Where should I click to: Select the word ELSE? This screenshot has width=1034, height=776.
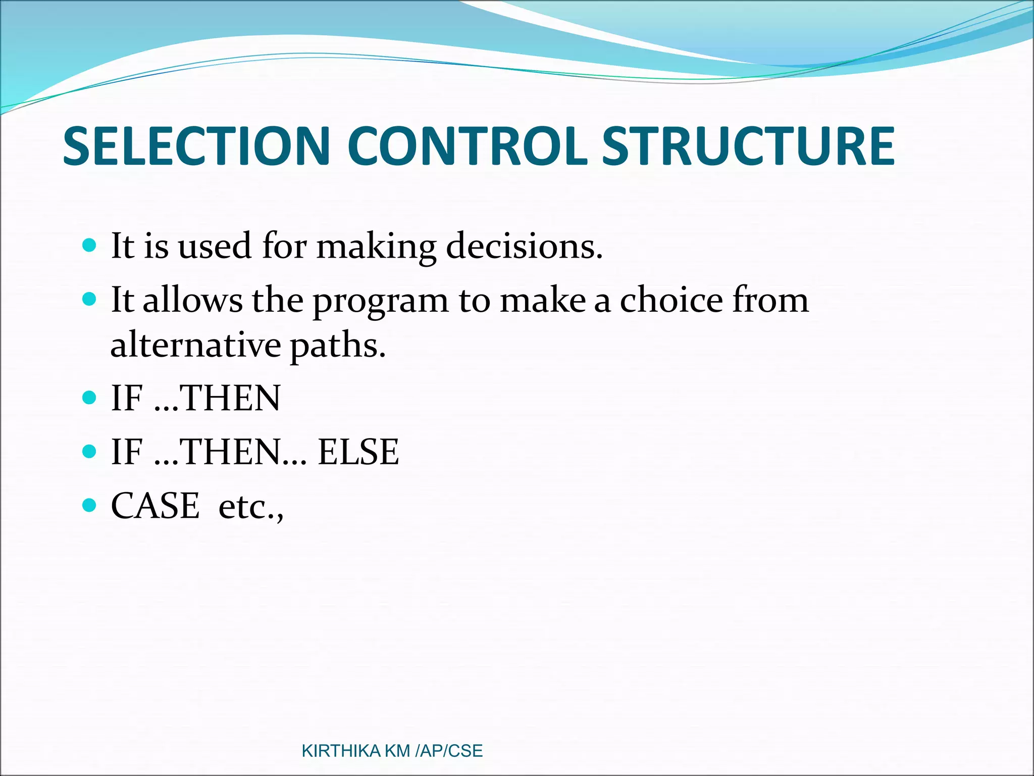click(x=358, y=452)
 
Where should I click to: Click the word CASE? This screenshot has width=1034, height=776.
click(x=155, y=506)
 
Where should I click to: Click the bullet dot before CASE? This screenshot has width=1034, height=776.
click(x=89, y=505)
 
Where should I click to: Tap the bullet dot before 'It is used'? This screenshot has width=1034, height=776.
click(x=89, y=246)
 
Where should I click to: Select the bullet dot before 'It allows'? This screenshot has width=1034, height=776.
click(x=89, y=300)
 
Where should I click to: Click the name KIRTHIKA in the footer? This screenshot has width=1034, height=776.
click(x=341, y=751)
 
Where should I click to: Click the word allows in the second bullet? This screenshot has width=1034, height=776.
click(x=192, y=300)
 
